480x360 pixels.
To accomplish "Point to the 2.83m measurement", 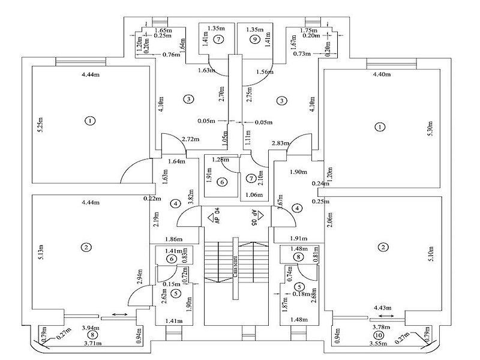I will tap(281, 143).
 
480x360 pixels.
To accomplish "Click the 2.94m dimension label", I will tap(140, 276).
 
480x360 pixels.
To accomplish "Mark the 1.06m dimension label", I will tap(254, 194).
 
